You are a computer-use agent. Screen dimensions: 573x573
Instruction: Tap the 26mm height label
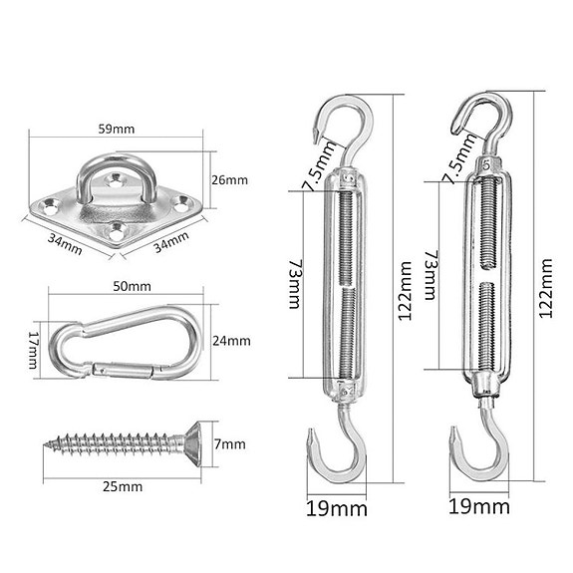(230, 180)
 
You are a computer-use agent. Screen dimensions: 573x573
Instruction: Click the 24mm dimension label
(231, 341)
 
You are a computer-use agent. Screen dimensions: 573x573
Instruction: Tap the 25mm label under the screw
(123, 486)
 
